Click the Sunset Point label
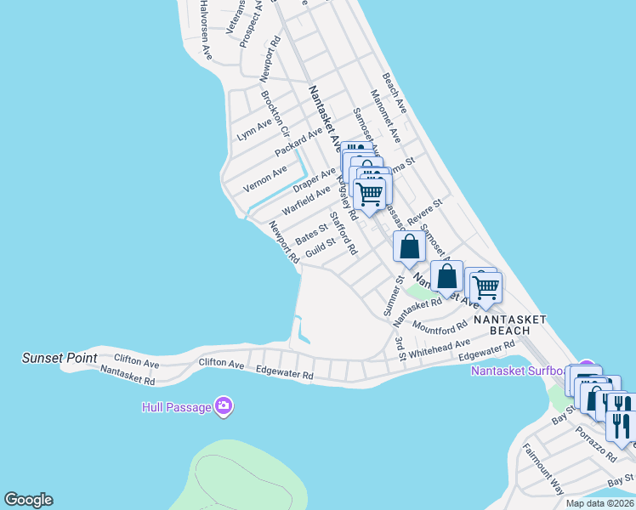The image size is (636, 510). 60,359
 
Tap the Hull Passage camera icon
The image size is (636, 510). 224,406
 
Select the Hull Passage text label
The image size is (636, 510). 176,407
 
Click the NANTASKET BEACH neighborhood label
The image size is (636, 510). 508,325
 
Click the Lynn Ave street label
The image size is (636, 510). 254,128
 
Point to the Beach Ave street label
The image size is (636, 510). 395,93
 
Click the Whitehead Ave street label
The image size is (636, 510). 440,348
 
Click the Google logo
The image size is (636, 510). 28,500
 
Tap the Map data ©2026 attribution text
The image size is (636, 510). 599,503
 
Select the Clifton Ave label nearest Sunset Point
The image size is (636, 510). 136,363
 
